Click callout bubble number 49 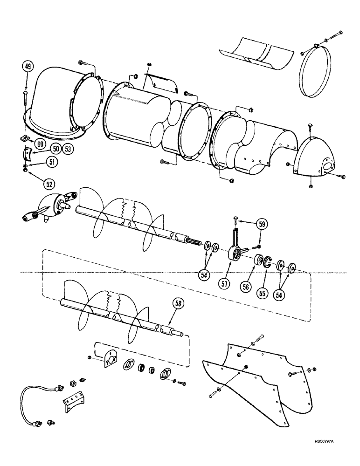point(27,67)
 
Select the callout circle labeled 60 point(41,144)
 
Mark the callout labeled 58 point(178,303)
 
